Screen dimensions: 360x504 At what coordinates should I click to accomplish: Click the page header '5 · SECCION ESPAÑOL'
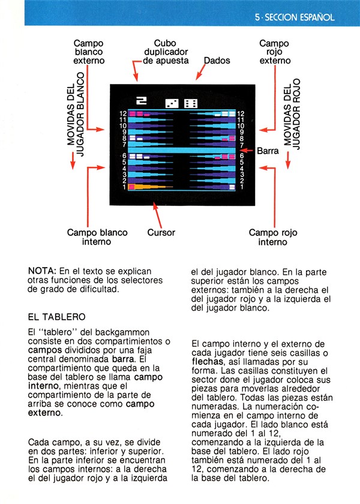pos(295,17)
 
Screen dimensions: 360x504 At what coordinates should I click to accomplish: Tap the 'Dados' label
pos(217,61)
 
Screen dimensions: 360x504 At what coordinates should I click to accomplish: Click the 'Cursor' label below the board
pos(161,232)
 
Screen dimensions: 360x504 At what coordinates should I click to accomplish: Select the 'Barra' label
pos(268,151)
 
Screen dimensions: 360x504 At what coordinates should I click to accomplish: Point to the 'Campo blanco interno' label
pos(97,237)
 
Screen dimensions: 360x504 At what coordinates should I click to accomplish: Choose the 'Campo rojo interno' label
pos(273,237)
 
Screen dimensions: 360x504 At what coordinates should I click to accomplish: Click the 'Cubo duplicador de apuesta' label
pos(166,52)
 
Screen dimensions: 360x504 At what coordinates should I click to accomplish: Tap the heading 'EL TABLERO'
pos(56,317)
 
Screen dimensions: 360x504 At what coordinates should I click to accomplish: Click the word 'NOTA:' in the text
pos(43,271)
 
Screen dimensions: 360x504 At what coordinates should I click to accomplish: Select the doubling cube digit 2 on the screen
pos(142,101)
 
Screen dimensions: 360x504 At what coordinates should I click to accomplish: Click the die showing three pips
pos(172,103)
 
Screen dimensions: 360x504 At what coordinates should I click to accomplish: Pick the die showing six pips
pos(191,103)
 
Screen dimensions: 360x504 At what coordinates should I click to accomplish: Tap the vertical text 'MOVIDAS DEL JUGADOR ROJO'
pos(292,113)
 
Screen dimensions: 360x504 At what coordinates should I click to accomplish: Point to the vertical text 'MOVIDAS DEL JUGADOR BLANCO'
pos(76,114)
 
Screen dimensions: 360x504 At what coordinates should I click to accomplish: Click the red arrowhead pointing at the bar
pos(243,150)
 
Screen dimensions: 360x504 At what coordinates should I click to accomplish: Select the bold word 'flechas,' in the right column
pos(208,362)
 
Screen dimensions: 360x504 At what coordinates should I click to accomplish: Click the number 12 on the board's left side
pos(123,113)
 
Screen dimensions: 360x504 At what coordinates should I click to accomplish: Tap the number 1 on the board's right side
pos(242,187)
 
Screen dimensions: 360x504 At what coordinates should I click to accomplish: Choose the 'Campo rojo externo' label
pos(275,52)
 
